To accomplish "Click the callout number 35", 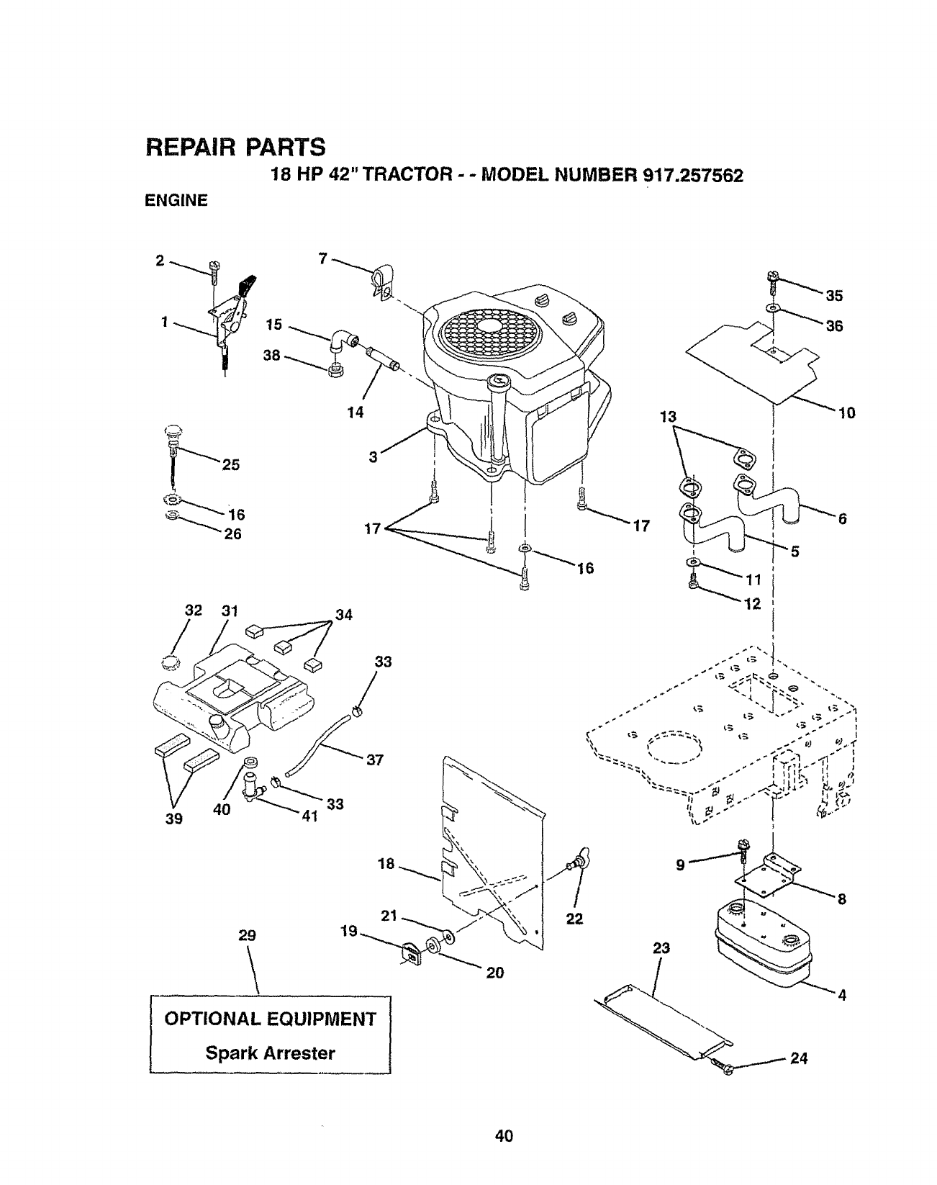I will [834, 295].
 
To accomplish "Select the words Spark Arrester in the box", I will [271, 1053].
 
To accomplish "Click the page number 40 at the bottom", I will [504, 1137].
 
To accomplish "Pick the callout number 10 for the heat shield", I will [846, 413].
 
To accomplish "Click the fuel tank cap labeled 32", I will [171, 662].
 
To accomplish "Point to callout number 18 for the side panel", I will [386, 864].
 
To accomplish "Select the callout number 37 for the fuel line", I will [375, 759].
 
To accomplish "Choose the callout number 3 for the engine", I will [373, 456].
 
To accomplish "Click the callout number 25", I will [230, 464].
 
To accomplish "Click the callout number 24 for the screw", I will [799, 1058].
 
